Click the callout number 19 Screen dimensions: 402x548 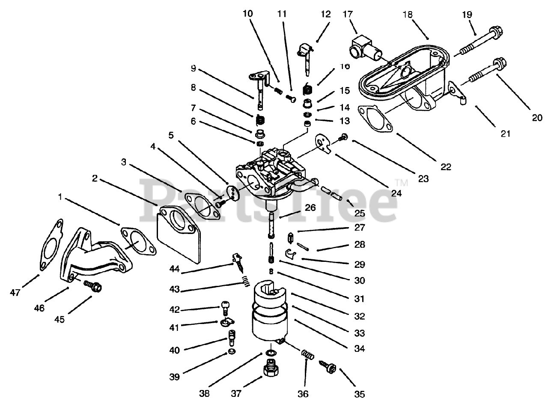tap(467, 14)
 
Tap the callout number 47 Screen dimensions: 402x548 tap(15, 293)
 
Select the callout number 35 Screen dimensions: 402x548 tap(359, 394)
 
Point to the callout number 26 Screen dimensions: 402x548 tap(310, 208)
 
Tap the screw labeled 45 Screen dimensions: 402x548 tap(93, 286)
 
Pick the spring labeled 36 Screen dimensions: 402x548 tap(307, 354)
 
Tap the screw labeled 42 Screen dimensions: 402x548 tap(225, 307)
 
